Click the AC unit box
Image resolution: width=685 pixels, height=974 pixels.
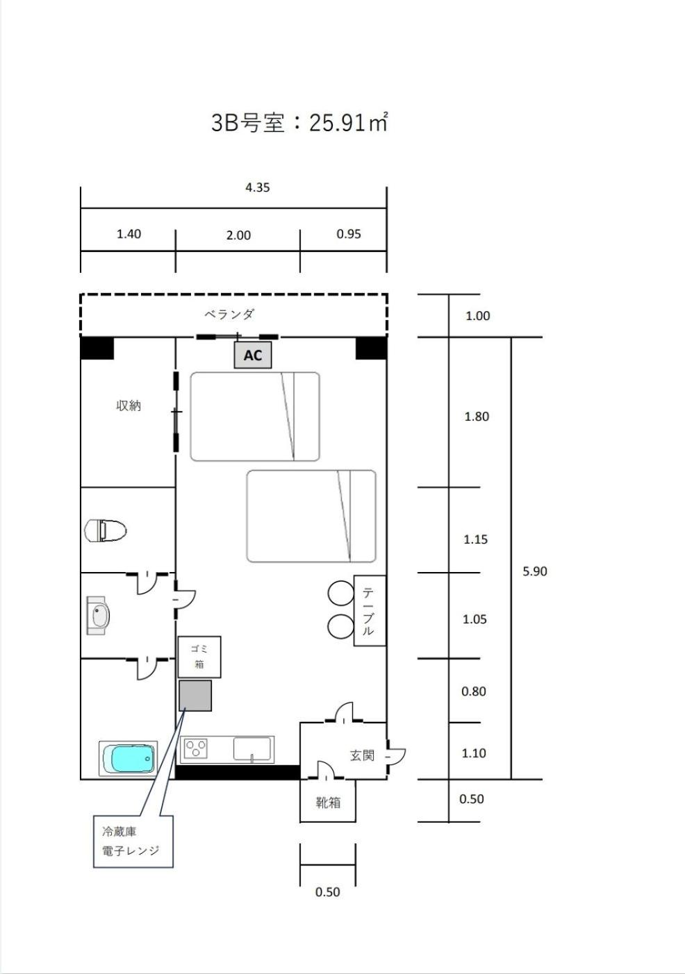pos(253,355)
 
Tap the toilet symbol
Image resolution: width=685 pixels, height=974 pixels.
pos(106,530)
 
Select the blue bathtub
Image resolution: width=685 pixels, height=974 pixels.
pos(129,759)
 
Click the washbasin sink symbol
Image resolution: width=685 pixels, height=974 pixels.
pos(98,616)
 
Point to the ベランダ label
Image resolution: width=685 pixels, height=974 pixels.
pos(229,314)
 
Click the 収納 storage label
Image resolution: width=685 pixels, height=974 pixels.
pos(129,405)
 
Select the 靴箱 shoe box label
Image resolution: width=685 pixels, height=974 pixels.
pos(328,803)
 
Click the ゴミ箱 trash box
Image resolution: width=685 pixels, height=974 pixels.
pos(199,657)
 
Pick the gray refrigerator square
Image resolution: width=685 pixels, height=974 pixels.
pos(195,696)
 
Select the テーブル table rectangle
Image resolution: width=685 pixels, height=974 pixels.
pos(370,610)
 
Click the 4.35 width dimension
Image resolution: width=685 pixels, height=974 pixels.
pos(258,187)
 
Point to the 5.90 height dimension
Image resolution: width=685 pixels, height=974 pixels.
pos(535,571)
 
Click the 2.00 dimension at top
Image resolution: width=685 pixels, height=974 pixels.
pos(238,235)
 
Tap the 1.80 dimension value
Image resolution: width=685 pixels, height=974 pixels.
pos(477,417)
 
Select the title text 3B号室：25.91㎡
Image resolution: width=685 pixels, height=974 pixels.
pos(299,122)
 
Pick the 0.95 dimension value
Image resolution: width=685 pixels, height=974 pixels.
pos(349,234)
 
